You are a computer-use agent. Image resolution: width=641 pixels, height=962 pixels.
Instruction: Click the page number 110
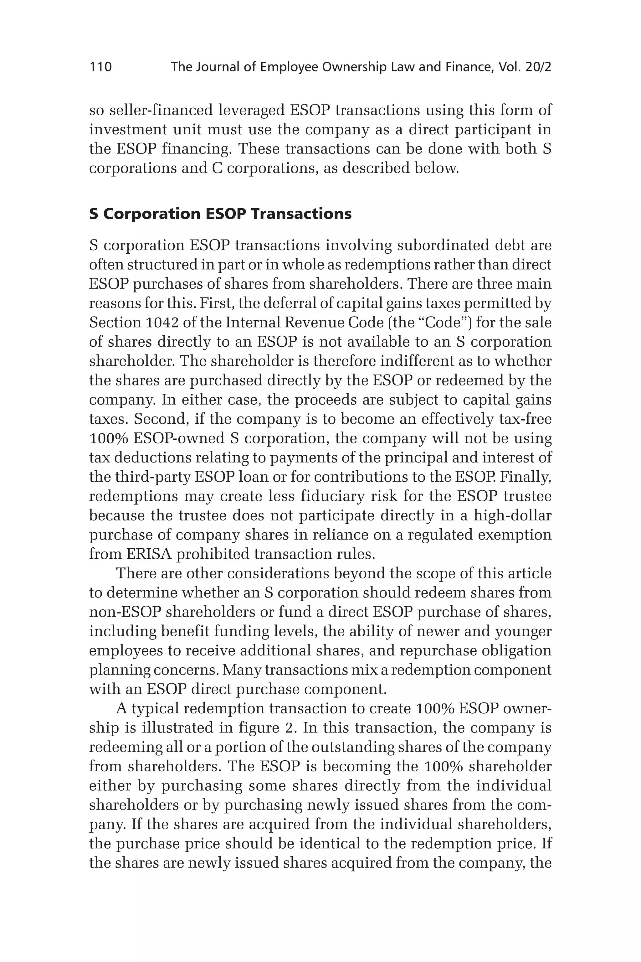click(x=100, y=67)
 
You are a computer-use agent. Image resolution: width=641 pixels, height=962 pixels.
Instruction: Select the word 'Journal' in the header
click(x=218, y=67)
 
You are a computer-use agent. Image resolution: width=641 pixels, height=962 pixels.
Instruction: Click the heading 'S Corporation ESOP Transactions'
click(x=220, y=214)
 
